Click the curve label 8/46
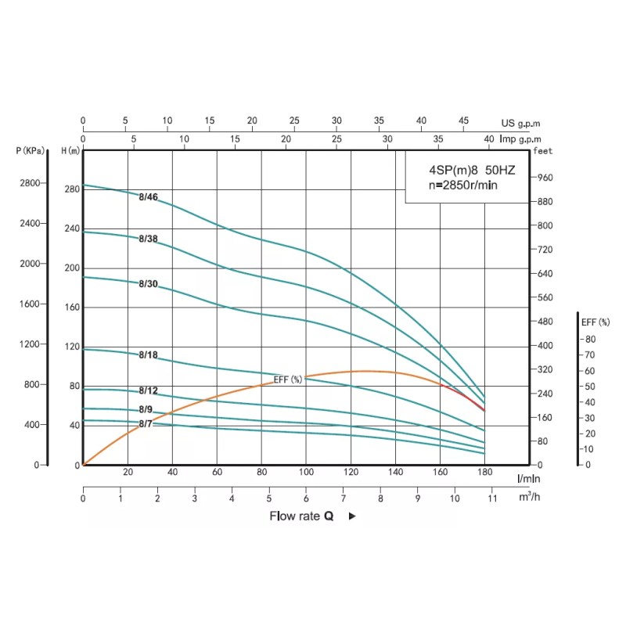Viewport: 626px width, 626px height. (149, 197)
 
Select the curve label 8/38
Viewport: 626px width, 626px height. (149, 239)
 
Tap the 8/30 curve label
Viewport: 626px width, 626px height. (149, 283)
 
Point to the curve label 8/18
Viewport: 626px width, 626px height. (149, 355)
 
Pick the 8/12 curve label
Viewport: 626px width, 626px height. (149, 390)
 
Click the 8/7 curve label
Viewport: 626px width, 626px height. (146, 424)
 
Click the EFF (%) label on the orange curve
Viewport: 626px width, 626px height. (288, 380)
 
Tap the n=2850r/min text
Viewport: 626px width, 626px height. (463, 185)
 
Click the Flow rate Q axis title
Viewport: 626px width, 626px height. (302, 516)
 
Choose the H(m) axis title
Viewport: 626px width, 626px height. (71, 150)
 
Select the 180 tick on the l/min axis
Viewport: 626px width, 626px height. (485, 473)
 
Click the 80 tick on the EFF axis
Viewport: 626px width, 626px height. (590, 339)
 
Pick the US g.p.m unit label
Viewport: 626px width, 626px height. (521, 123)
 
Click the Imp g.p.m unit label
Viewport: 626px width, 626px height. (520, 139)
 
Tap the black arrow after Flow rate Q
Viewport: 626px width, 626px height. (352, 516)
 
